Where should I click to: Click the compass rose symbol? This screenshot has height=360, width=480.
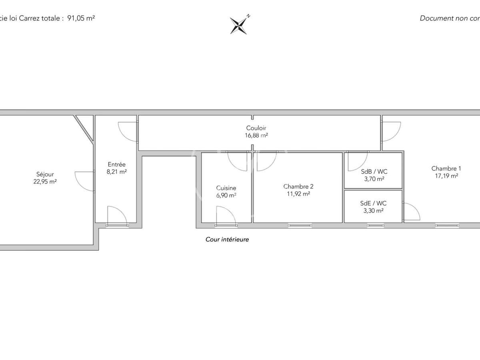(x=240, y=24)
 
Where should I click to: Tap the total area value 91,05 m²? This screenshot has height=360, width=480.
(x=81, y=18)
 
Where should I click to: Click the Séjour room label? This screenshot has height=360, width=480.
(x=45, y=174)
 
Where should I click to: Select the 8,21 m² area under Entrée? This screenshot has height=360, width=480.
(x=117, y=172)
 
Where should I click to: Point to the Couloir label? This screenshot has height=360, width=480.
(x=256, y=128)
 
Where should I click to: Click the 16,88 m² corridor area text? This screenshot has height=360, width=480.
(x=256, y=135)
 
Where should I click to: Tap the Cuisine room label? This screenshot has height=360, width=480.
(x=226, y=188)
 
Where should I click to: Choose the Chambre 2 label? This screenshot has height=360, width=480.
(x=298, y=186)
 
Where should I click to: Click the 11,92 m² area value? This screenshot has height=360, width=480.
(x=298, y=194)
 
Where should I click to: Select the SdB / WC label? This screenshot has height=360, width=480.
(x=374, y=172)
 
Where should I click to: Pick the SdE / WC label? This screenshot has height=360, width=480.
(x=373, y=203)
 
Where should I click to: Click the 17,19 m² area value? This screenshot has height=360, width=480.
(x=446, y=176)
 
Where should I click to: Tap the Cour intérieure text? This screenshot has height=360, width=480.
(x=227, y=240)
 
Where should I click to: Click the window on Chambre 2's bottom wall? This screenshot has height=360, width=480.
(x=300, y=226)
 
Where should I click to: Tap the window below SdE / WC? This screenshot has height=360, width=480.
(x=375, y=226)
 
